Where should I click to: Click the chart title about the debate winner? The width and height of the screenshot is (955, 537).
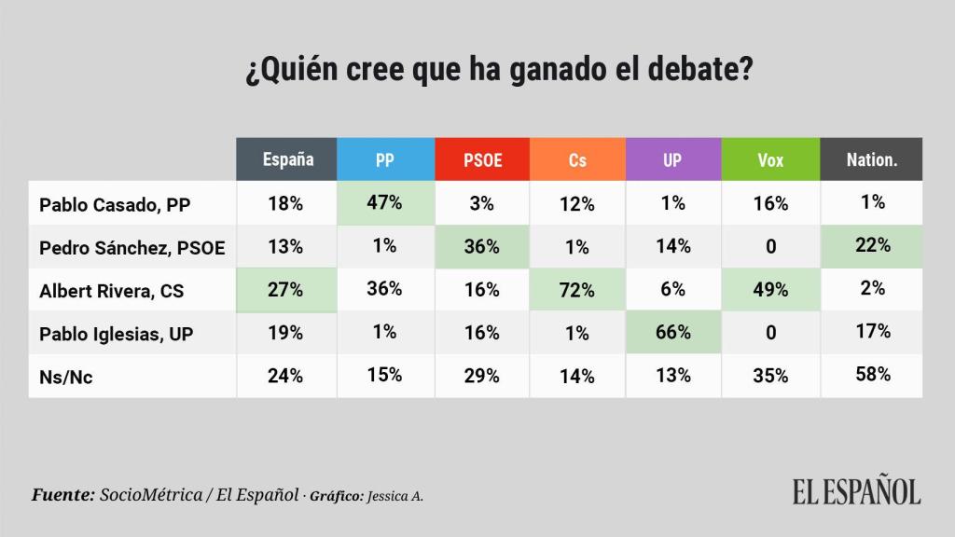(500, 72)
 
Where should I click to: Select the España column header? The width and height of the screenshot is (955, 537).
(287, 159)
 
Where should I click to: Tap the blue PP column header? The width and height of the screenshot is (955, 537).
(385, 159)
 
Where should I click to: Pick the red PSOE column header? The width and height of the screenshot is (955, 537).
(482, 159)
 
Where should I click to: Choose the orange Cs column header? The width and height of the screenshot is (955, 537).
(577, 159)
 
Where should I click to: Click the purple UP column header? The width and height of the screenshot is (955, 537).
(672, 159)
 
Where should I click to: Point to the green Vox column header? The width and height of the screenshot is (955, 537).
(769, 159)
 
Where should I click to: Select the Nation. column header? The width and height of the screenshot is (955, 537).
(871, 159)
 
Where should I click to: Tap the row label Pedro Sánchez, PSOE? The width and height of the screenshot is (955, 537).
(133, 247)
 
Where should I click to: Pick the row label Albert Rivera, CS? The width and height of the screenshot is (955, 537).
(112, 290)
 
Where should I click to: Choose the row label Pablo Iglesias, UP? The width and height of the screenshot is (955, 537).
(117, 333)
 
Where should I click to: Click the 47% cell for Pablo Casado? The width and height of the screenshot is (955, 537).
(385, 203)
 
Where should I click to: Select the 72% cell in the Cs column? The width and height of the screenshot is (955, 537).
(577, 290)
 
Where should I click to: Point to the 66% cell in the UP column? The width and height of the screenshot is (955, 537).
(672, 333)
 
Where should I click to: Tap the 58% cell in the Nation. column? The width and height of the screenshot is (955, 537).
(872, 375)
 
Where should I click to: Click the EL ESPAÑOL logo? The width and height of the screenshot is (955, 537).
(856, 491)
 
